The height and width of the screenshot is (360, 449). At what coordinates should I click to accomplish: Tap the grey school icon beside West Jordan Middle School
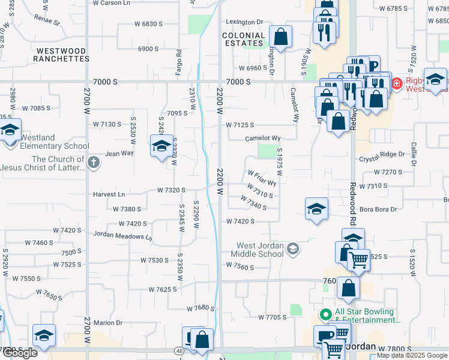[x=293, y=248]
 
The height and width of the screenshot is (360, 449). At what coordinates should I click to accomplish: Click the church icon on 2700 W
[x=93, y=162]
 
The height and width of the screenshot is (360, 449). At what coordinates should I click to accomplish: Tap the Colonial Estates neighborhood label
[x=244, y=40]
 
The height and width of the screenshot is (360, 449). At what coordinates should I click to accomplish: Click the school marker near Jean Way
[x=161, y=146]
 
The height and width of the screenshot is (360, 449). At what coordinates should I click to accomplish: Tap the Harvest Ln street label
[x=109, y=194]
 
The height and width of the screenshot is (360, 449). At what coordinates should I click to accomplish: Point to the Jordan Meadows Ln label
[x=122, y=236]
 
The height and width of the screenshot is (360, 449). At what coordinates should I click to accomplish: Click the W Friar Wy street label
[x=262, y=178]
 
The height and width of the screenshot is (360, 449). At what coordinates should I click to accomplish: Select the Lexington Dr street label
[x=244, y=22]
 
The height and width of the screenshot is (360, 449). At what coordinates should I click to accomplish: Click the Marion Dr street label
[x=108, y=322]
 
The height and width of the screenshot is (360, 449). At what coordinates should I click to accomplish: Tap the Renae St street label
[x=49, y=23]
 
